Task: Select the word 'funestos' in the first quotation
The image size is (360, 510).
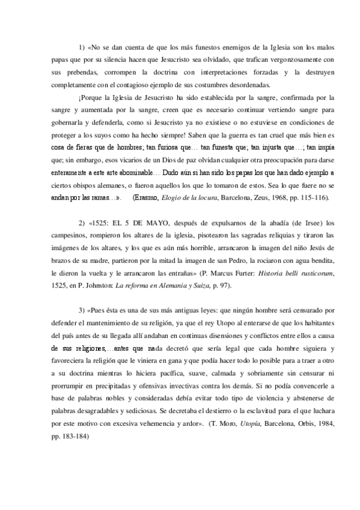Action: tap(183, 47)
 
